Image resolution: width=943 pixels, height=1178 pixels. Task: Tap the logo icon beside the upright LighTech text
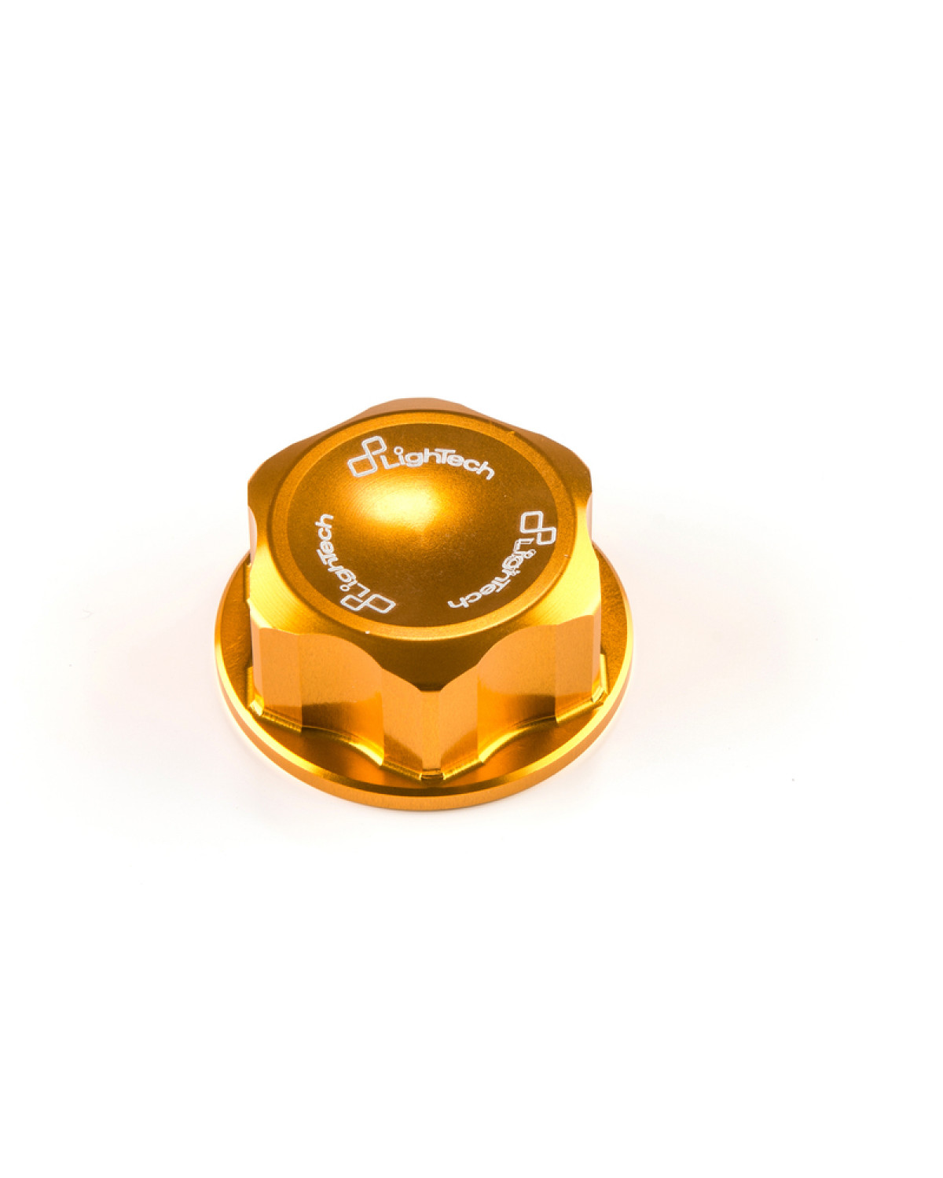coord(365,465)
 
